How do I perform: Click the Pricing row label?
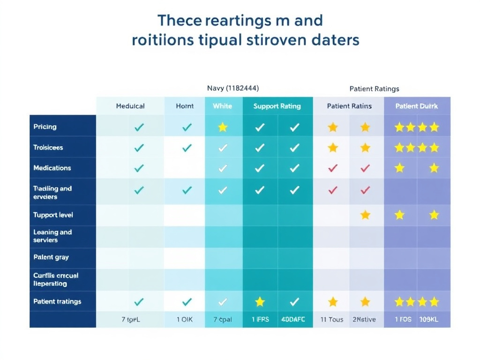tap(45, 127)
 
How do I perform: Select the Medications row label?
tap(52, 168)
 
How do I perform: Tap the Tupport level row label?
tap(53, 215)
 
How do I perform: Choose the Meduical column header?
tap(130, 106)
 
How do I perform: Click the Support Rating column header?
tap(277, 106)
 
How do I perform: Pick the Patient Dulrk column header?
tap(417, 106)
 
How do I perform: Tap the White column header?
tap(222, 106)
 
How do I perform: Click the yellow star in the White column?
tap(223, 127)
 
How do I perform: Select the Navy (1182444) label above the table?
tap(232, 88)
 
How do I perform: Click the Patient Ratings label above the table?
tap(375, 89)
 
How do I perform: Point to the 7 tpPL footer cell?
tap(130, 320)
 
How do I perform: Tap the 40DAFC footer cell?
tap(293, 320)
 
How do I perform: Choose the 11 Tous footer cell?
tap(332, 320)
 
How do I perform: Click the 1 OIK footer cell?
tap(184, 320)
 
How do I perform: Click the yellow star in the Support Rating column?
tap(260, 302)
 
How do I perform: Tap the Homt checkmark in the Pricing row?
tap(187, 127)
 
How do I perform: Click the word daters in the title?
tap(335, 40)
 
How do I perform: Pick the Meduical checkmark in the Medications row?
tap(139, 168)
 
